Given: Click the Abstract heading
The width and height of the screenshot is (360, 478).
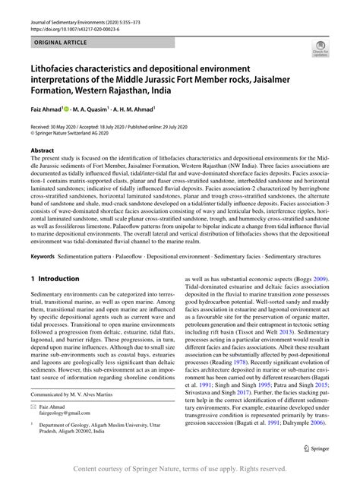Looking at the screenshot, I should pyautogui.click(x=43, y=151).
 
